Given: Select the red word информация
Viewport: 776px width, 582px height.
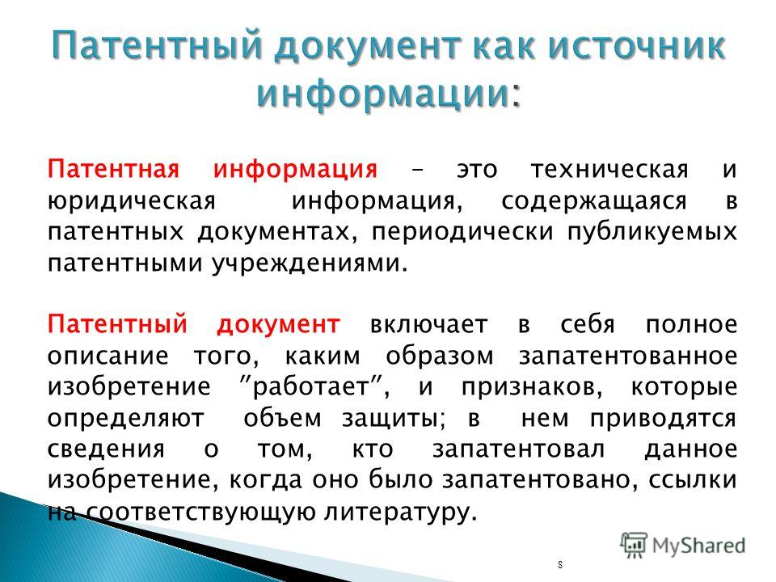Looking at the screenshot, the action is point(296,170).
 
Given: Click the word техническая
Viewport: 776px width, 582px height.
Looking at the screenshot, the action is point(609,170).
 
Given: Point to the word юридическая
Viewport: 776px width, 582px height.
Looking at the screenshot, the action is point(132,202).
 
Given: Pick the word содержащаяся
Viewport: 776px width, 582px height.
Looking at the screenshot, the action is point(594,202).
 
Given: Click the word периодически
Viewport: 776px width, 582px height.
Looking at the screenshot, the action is point(462,233).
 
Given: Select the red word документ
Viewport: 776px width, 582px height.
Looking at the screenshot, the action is point(278,325).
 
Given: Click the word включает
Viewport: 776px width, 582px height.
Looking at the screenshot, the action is point(428,325).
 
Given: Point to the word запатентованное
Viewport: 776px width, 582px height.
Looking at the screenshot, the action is point(628,356).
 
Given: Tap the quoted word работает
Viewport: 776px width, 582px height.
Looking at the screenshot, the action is point(312,387).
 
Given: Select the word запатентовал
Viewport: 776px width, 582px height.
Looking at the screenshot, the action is point(519,449).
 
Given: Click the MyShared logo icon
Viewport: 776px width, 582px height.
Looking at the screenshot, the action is point(634,546).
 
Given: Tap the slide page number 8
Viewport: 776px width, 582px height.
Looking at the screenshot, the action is point(559,565).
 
